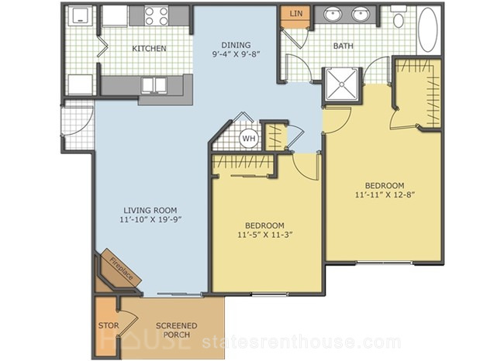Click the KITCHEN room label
[x=149, y=49]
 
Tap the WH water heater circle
[x=249, y=139]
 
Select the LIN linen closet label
[x=295, y=13]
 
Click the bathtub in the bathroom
[x=428, y=29]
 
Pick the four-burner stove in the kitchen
[x=156, y=16]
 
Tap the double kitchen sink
[x=154, y=85]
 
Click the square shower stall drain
[x=342, y=84]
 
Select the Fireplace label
[x=121, y=269]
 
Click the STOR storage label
[x=109, y=325]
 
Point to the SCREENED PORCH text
[x=177, y=330]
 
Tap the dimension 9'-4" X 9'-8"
[x=236, y=54]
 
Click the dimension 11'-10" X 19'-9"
[x=150, y=220]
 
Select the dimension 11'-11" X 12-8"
[x=385, y=194]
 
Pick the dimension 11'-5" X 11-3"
[x=265, y=235]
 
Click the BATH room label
[x=343, y=46]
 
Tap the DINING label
[x=236, y=45]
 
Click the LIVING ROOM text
[x=150, y=211]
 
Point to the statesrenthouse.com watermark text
[x=302, y=342]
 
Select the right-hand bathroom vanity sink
[x=360, y=15]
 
